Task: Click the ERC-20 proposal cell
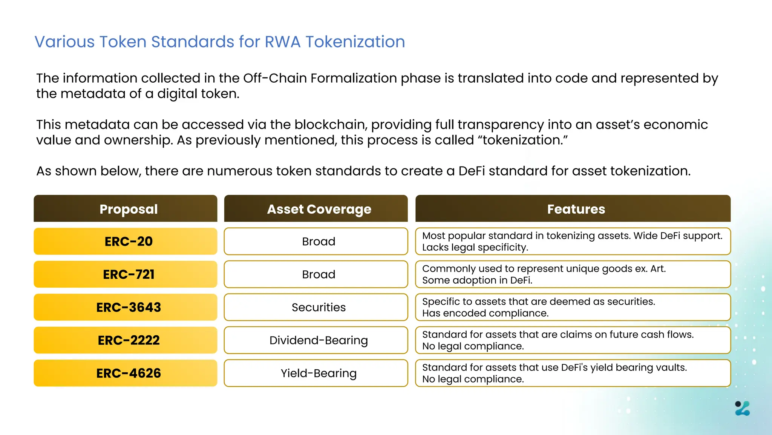click(x=126, y=241)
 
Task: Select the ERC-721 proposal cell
click(x=126, y=274)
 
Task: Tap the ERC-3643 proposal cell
click(x=126, y=307)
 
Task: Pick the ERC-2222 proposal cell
click(x=126, y=340)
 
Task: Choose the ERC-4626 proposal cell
click(x=126, y=373)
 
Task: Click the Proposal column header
click(x=126, y=209)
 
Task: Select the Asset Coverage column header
click(x=316, y=209)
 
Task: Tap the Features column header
click(x=573, y=209)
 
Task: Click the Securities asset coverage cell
click(x=316, y=307)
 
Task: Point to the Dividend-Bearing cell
click(x=316, y=340)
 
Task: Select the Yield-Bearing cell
click(x=316, y=373)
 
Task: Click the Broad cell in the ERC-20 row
click(x=316, y=241)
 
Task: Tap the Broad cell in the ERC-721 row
click(x=316, y=274)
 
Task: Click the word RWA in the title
click(x=283, y=42)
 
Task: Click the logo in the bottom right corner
click(x=742, y=409)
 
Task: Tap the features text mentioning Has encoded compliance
click(x=485, y=313)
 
